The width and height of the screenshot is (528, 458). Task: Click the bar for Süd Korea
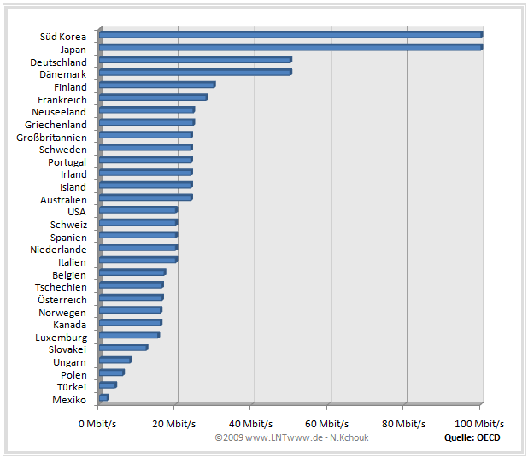click(x=290, y=35)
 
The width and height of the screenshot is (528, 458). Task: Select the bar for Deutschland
click(x=196, y=60)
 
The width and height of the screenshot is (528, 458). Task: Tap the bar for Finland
click(x=157, y=85)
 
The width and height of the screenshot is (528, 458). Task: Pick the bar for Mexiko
click(x=104, y=397)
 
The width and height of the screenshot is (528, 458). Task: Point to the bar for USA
click(x=138, y=209)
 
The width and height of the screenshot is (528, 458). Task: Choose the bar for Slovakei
click(x=124, y=347)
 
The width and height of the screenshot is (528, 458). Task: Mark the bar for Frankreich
click(x=154, y=97)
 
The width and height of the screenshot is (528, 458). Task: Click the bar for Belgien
click(x=132, y=273)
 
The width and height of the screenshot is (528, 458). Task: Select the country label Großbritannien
click(x=51, y=137)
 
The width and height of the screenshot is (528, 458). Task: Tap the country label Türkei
click(x=69, y=387)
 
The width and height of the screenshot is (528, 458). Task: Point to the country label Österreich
click(x=62, y=300)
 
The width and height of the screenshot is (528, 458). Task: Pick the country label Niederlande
click(x=57, y=250)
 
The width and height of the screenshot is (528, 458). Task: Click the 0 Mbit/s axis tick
click(x=98, y=423)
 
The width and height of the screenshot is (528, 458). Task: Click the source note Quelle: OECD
click(x=472, y=437)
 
